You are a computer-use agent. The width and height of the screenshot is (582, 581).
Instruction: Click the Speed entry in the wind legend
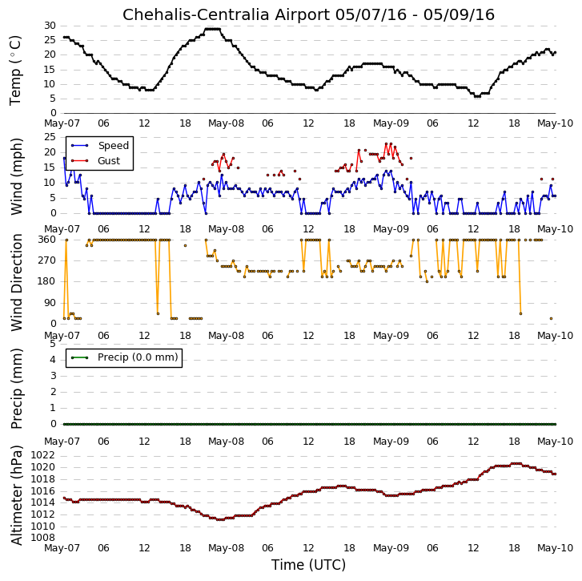pos(113,146)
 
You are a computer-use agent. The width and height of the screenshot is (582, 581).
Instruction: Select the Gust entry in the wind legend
pos(109,161)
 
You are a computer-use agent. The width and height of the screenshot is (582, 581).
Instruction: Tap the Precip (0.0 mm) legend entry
pos(138,357)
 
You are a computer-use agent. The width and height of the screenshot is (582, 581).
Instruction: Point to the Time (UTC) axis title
pos(308,565)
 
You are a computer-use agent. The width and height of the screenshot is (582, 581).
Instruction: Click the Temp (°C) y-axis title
pos(15,71)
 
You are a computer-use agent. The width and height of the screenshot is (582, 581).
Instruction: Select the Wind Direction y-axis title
pos(17,282)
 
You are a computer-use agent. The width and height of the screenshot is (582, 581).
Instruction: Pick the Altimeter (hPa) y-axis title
pos(17,495)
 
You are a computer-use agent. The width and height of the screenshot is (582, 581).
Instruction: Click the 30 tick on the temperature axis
pos(50,26)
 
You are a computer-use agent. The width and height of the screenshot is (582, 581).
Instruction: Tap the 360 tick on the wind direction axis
pos(47,240)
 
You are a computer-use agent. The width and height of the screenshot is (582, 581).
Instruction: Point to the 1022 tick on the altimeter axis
pos(42,455)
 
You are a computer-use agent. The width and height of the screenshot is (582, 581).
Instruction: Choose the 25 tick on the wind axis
pos(50,137)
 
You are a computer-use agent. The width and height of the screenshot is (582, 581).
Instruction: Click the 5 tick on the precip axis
pos(53,344)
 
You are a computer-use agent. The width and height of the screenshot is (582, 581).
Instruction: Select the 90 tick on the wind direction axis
pos(50,303)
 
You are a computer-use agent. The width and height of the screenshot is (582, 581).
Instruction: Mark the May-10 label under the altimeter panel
pos(556,548)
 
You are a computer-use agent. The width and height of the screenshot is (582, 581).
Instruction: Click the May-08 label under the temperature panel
pos(226,123)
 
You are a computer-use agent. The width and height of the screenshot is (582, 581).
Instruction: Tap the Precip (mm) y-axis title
pos(17,389)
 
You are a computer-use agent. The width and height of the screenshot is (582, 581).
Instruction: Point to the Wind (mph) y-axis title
pos(17,177)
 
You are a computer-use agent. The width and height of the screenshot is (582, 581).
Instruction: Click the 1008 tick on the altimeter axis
pos(42,538)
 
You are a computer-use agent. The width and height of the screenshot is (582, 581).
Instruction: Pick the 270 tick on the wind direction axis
pos(47,260)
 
